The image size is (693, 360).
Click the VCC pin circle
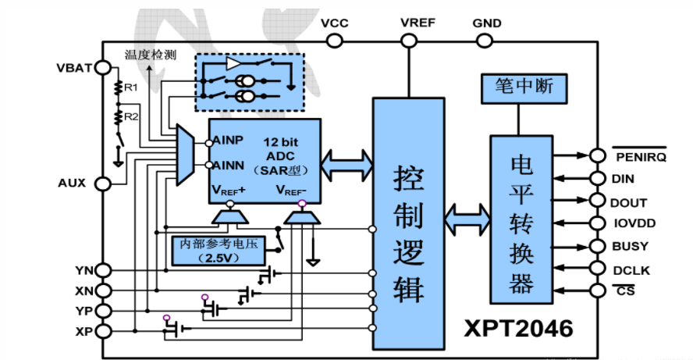pos(335,41)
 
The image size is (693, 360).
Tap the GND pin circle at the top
pos(485,41)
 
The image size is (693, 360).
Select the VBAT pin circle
pos(103,68)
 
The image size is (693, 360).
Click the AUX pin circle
pos(103,184)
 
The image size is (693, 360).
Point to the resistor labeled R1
pos(118,87)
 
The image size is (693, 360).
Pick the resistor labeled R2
pos(118,117)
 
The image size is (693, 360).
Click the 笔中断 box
pos(524,89)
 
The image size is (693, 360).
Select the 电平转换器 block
pos(521,219)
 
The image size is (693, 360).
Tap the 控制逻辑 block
pos(409,224)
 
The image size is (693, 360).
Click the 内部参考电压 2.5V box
pos(219,251)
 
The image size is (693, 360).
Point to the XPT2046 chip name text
pos(518,329)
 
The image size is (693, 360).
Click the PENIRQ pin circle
pos(598,155)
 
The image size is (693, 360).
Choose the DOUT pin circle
pos(598,201)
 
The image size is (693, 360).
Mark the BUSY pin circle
pos(598,246)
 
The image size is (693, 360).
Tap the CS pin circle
pos(598,290)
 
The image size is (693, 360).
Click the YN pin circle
pos(103,270)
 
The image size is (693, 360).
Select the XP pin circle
pos(103,331)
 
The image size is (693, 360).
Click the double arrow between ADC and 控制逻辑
pos(347,165)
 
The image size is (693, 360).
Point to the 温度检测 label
pos(151,55)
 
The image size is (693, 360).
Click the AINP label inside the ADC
pos(228,141)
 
